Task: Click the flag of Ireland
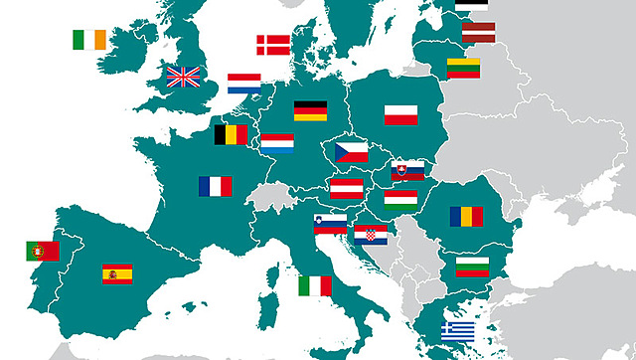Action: click(88, 40)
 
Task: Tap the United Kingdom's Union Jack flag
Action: click(183, 77)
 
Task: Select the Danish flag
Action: click(273, 45)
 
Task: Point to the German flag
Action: click(310, 111)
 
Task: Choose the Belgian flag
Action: click(232, 134)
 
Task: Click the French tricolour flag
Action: click(215, 186)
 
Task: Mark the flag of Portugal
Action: click(43, 251)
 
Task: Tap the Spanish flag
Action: click(117, 273)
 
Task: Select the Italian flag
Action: click(315, 285)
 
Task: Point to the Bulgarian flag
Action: click(472, 266)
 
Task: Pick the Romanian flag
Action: click(465, 216)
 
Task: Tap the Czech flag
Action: click(351, 152)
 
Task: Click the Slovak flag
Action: click(407, 170)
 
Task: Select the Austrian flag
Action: click(345, 187)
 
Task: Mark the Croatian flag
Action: click(371, 235)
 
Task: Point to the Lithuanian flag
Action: click(463, 68)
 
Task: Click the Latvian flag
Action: click(478, 33)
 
